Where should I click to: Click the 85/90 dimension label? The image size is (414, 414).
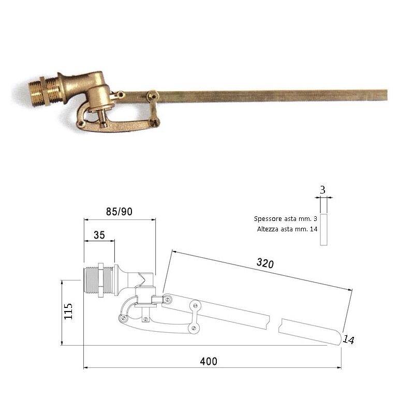click(119, 212)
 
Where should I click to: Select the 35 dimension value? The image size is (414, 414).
click(99, 235)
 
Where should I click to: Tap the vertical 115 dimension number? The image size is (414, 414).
click(68, 311)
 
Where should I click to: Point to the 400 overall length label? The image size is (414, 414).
click(209, 361)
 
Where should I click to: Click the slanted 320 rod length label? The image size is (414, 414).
click(265, 263)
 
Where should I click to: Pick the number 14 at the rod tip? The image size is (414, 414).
click(348, 339)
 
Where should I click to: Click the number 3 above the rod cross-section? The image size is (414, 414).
click(322, 190)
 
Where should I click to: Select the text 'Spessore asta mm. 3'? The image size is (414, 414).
click(286, 218)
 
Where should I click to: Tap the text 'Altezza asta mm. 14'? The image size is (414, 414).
click(287, 229)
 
